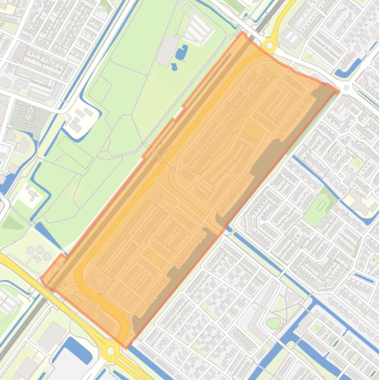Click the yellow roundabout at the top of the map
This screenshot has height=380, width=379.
(x=269, y=46)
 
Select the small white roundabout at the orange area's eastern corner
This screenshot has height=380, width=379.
(x=346, y=88)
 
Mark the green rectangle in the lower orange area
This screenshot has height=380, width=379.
(x=155, y=258)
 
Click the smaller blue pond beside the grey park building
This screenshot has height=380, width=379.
(x=174, y=66)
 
